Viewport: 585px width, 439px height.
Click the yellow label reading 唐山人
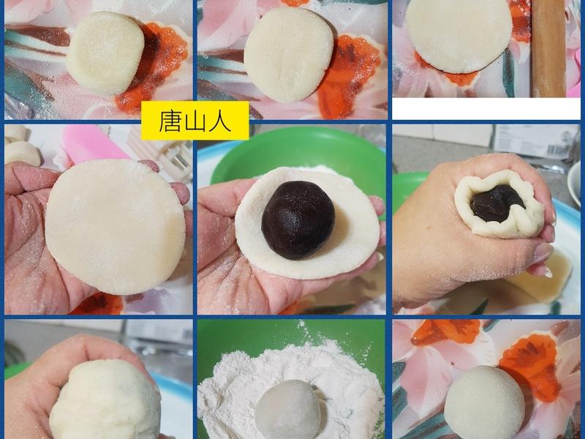tap(195, 121)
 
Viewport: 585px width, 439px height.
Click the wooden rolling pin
tap(548, 48)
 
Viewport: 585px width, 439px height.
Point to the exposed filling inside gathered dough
tap(497, 203)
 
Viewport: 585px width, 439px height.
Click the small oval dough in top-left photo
tap(105, 53)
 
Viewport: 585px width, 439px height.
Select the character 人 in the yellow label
tap(219, 121)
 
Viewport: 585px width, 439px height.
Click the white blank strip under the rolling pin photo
tap(486, 109)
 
